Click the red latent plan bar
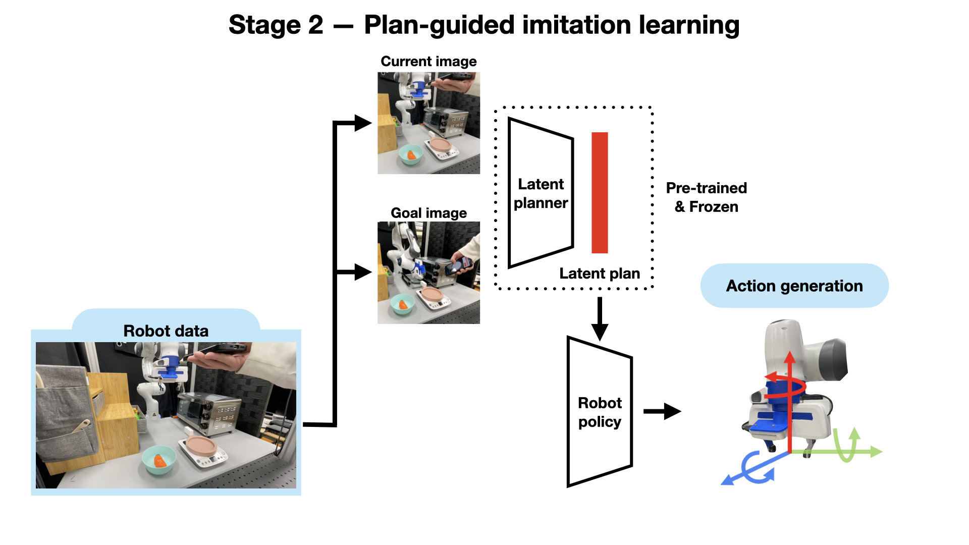(600, 192)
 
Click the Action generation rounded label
(794, 286)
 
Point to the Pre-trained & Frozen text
(706, 197)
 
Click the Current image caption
(428, 62)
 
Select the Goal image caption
(428, 213)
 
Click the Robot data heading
(166, 331)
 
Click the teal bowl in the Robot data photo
(159, 460)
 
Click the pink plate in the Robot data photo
(201, 445)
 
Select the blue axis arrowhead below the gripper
(727, 480)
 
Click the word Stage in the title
(264, 25)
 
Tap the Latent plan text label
(600, 274)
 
